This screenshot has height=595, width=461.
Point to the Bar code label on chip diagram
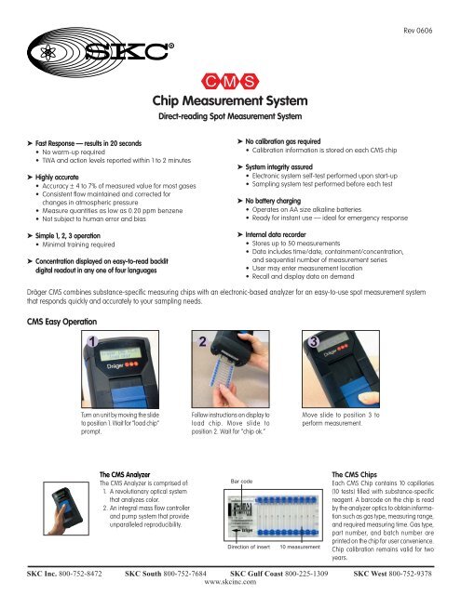(241, 482)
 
